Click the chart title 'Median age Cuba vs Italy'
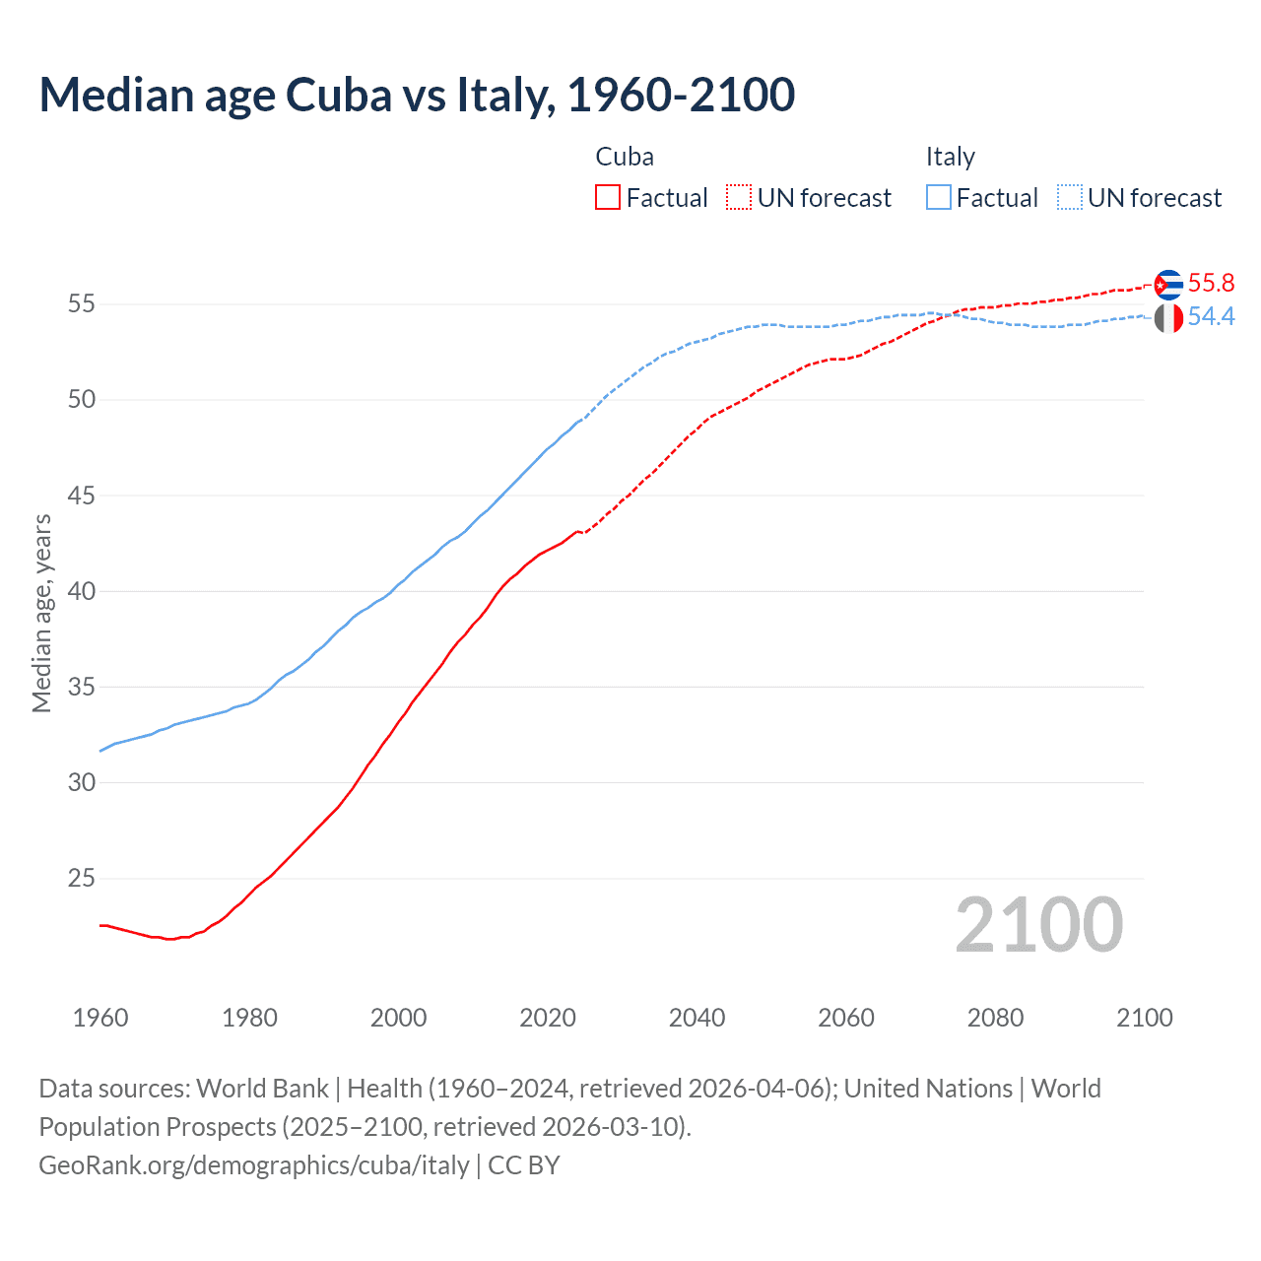pos(417,96)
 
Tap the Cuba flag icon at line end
pos(1168,285)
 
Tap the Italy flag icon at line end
pos(1168,318)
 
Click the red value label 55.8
pos(1211,284)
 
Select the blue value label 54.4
pos(1211,317)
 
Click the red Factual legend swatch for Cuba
pos(608,198)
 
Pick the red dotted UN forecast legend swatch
pos(739,198)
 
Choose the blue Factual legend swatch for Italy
pos(939,198)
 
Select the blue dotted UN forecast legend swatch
pos(1069,198)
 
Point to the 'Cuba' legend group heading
pos(625,157)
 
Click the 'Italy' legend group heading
pos(950,157)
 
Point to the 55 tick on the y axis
pos(81,304)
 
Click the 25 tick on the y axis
pos(81,878)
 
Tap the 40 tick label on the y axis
pos(81,591)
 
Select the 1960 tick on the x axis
pos(100,1018)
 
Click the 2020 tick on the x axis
pos(548,1018)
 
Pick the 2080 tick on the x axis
pos(995,1018)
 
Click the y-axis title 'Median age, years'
pos(41,613)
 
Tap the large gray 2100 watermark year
pos(1039,925)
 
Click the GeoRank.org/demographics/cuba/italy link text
pos(254,1165)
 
